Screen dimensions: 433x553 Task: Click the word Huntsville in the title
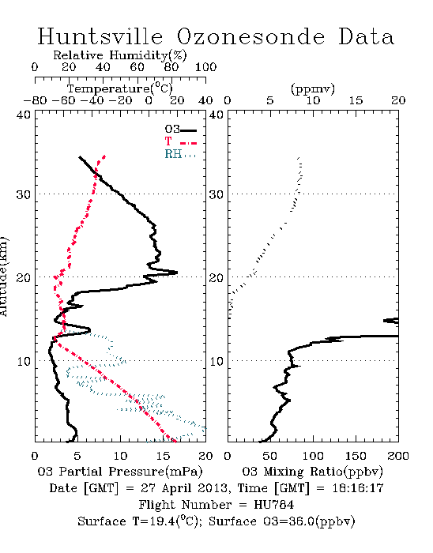click(x=100, y=36)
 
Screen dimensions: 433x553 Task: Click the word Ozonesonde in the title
click(x=250, y=36)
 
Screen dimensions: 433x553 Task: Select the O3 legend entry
click(x=180, y=130)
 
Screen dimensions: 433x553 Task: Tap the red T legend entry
click(x=180, y=142)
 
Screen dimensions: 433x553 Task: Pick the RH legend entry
click(x=180, y=154)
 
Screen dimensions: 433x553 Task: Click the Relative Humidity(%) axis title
click(x=120, y=55)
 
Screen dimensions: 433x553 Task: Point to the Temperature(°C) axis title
click(x=120, y=88)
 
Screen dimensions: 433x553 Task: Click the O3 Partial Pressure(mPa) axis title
click(x=120, y=472)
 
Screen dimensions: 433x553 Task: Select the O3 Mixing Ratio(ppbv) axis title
click(x=313, y=472)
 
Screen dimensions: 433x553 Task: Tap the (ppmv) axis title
click(x=313, y=88)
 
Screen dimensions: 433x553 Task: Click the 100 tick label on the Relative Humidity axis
click(x=205, y=67)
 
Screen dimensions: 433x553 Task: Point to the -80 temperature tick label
click(x=35, y=100)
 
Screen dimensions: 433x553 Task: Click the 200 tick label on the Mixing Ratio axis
click(x=398, y=456)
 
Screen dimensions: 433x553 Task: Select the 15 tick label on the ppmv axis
click(x=356, y=100)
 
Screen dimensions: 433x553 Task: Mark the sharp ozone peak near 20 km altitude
click(x=176, y=273)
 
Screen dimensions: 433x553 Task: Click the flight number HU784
click(x=274, y=505)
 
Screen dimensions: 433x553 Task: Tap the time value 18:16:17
click(x=358, y=488)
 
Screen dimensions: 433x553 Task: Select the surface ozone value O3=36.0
click(x=288, y=521)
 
